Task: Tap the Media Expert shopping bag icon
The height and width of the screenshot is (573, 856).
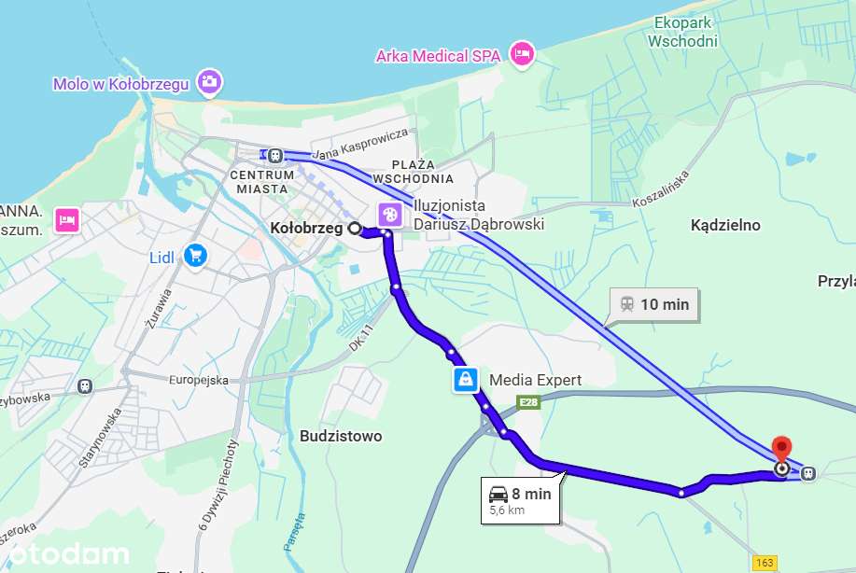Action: (465, 379)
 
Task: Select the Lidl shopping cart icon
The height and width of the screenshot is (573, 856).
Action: (194, 254)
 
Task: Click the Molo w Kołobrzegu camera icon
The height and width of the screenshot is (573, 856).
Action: (210, 82)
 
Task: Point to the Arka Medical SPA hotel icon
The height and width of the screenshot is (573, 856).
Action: (522, 54)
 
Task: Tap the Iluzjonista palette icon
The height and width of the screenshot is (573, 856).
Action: (390, 215)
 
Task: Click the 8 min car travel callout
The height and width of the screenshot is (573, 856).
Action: (520, 500)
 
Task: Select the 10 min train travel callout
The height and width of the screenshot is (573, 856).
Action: (654, 304)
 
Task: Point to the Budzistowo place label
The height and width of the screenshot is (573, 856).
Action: (341, 436)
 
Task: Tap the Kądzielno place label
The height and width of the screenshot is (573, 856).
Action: (725, 225)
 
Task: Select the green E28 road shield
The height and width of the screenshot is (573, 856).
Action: (529, 402)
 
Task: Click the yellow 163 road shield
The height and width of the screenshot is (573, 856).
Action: (765, 562)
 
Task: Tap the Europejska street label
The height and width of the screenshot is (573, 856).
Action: (198, 380)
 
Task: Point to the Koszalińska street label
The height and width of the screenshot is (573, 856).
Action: (659, 188)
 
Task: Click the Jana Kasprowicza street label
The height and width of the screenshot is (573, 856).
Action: (361, 143)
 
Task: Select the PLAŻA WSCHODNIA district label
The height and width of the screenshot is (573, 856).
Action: (413, 171)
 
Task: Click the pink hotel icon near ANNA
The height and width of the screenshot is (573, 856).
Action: (66, 219)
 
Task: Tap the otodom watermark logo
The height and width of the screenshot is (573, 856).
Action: (64, 554)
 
